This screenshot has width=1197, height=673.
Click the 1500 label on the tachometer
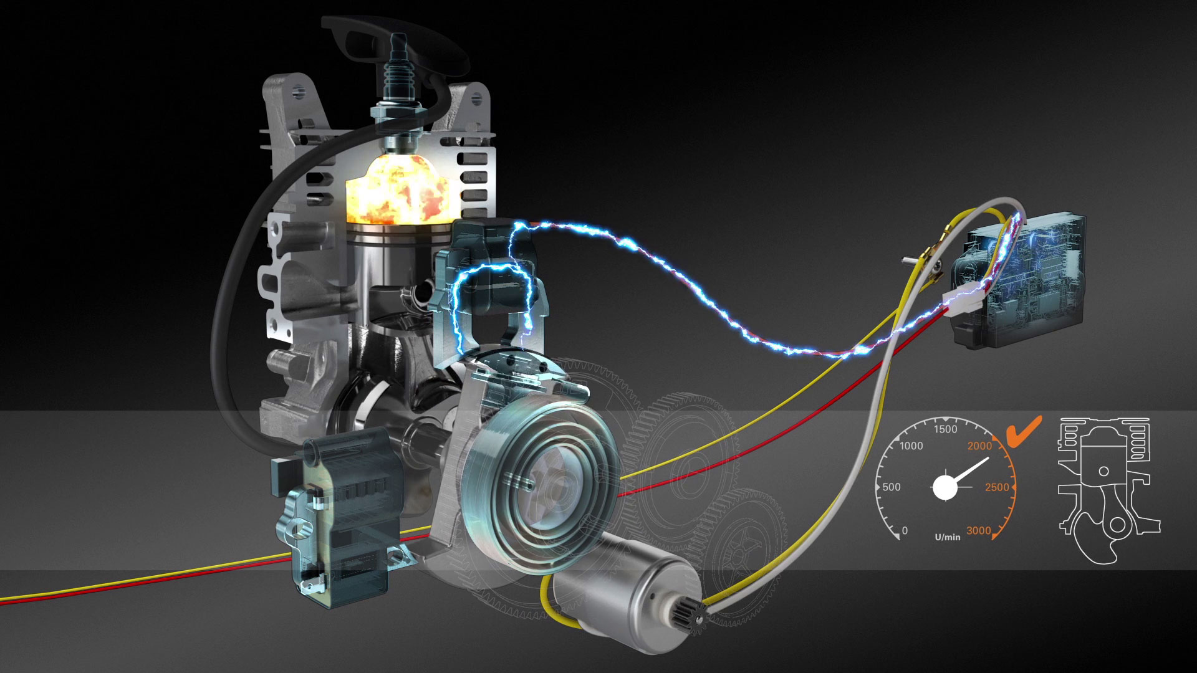point(945,429)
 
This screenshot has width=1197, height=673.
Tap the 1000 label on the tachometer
point(911,446)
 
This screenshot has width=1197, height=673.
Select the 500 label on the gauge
point(892,487)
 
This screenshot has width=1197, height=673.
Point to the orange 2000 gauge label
point(979,446)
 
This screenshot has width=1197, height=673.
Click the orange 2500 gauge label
point(996,487)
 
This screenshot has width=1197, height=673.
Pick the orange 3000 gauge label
point(978,531)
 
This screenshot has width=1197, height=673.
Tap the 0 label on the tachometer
point(905,531)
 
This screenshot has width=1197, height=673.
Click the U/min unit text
point(948,537)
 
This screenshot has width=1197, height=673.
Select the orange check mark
point(1023,431)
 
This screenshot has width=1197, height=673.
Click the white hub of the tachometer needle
point(945,487)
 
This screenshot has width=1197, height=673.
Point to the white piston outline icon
point(1108,490)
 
